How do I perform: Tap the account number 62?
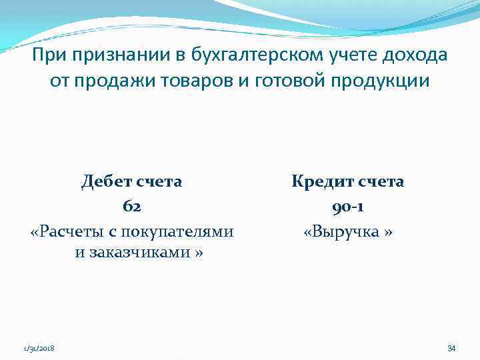point(132,207)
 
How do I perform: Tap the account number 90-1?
point(347,207)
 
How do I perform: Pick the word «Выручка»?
point(346,231)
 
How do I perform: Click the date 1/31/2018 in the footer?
point(39,348)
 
